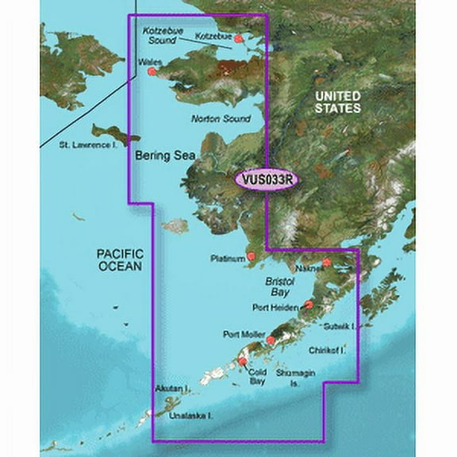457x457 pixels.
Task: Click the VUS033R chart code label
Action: click(265, 181)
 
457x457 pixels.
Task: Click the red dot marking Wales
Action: click(152, 72)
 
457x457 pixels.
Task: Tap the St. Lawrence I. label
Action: click(94, 145)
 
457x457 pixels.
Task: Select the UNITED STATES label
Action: click(337, 101)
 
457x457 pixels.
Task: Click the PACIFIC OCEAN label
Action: click(113, 259)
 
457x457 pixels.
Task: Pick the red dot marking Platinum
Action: click(252, 256)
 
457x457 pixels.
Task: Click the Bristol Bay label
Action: click(279, 287)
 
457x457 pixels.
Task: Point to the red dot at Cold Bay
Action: click(243, 363)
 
